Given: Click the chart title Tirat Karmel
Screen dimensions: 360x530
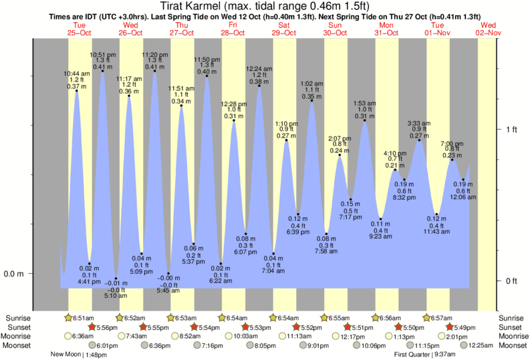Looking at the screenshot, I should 265,6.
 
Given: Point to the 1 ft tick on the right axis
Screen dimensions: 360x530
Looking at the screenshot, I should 512,130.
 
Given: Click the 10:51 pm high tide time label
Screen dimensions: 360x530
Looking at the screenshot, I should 102,53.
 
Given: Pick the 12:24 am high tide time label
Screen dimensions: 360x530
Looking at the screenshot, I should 259,69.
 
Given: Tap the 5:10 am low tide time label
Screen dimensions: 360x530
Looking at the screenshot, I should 116,295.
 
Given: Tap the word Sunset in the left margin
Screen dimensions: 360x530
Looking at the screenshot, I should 19,327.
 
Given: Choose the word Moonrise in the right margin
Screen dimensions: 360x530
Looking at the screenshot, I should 514,336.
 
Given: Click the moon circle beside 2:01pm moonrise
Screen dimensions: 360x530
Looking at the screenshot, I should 426,336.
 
